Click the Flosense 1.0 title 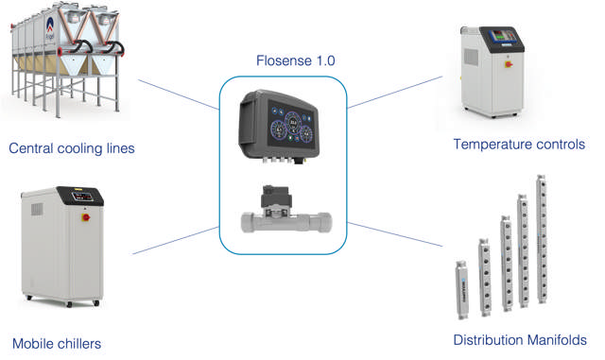tap(296, 60)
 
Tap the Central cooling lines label tap(72, 148)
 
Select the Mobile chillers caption tap(57, 343)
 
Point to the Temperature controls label tap(519, 145)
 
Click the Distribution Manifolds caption tap(520, 340)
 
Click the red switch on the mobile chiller tap(86, 217)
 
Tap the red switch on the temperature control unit tap(509, 64)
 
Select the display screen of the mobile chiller tap(82, 197)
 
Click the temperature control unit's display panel tap(503, 36)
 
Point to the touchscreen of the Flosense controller tap(291, 127)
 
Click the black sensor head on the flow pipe tap(276, 197)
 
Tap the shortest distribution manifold tap(462, 290)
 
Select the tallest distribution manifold tap(542, 238)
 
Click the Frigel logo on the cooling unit tap(50, 28)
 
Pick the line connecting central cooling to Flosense tap(179, 94)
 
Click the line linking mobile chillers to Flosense tap(176, 240)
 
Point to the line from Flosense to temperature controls tap(395, 93)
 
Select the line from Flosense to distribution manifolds tap(395, 234)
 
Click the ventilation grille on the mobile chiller tap(37, 209)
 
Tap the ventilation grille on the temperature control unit tap(471, 57)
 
